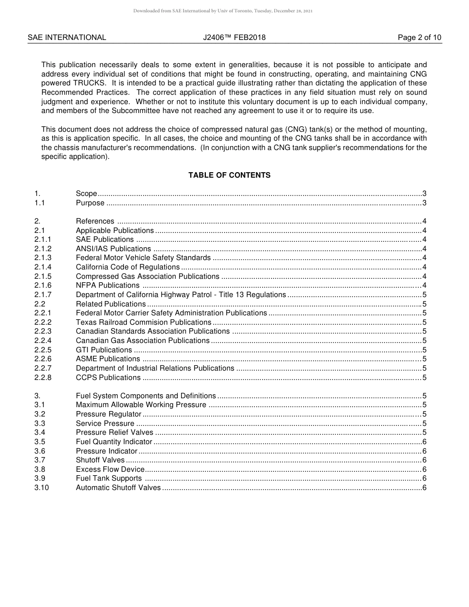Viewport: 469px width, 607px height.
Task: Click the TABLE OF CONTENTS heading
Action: coord(229,175)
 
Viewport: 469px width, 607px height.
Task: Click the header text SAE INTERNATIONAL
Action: coord(67,38)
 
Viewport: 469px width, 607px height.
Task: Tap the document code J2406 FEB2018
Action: coord(234,38)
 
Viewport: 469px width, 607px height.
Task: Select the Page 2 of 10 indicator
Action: coord(419,38)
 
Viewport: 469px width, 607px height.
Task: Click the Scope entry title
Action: coord(86,193)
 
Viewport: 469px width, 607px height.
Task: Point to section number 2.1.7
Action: coord(43,295)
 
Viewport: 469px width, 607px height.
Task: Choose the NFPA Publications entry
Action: coord(108,285)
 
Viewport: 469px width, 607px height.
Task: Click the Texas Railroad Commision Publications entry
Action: coord(143,322)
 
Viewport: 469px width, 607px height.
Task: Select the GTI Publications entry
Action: coord(104,350)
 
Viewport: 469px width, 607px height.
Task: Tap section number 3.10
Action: coord(41,488)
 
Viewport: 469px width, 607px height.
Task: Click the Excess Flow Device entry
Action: coord(110,469)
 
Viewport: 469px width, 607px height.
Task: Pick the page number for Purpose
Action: coord(424,203)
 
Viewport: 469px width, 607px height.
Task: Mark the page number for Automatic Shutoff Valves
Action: coord(424,488)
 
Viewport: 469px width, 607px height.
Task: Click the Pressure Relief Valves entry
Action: coord(115,433)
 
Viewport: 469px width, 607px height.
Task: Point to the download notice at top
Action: coord(223,10)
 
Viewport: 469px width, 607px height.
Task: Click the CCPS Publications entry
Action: coord(108,378)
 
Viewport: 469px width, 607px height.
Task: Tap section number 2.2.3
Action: coord(43,331)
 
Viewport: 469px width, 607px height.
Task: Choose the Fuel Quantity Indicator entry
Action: coord(114,442)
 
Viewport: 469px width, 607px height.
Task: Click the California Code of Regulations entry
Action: coord(128,267)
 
